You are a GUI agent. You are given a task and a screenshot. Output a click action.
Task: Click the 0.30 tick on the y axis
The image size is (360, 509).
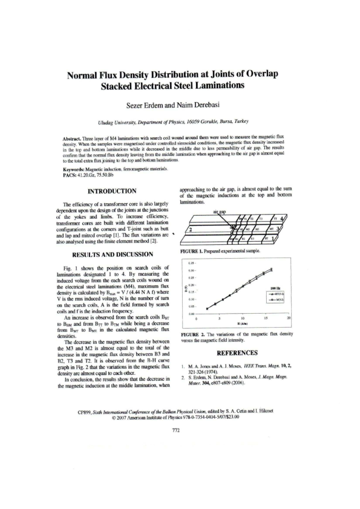(191, 270)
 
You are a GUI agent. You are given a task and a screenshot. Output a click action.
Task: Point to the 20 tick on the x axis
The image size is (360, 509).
(288, 318)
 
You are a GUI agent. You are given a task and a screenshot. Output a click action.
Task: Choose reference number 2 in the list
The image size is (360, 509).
(183, 377)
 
